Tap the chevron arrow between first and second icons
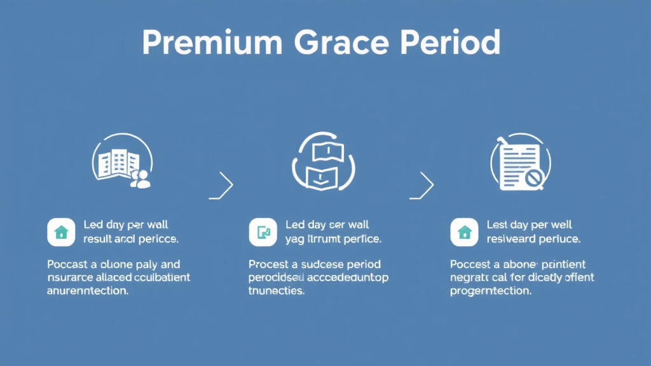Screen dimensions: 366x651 (x=225, y=185)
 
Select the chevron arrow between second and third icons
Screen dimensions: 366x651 (x=425, y=185)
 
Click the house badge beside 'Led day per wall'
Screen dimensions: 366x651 (x=61, y=233)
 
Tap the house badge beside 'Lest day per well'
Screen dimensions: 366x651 (x=464, y=233)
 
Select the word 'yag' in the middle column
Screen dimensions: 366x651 (x=296, y=240)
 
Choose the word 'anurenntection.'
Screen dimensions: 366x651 (x=88, y=292)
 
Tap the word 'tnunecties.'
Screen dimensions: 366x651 (x=277, y=292)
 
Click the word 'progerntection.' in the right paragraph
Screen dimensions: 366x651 (x=490, y=292)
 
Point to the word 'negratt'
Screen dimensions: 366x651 (x=470, y=278)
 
